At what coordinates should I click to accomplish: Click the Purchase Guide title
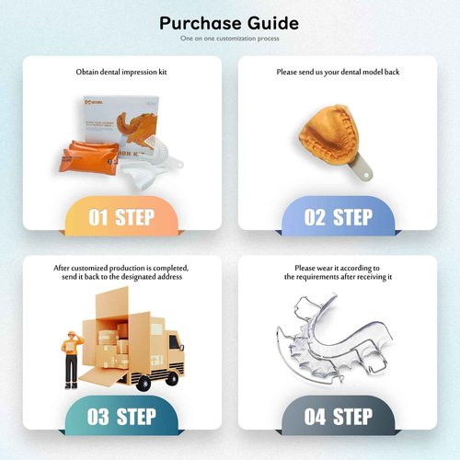click(x=228, y=22)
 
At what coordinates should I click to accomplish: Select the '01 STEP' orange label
click(x=121, y=217)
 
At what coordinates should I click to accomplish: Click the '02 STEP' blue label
click(x=338, y=217)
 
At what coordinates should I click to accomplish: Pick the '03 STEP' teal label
click(x=121, y=416)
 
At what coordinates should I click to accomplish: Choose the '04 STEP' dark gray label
click(x=338, y=416)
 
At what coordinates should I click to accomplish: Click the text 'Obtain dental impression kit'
click(x=121, y=71)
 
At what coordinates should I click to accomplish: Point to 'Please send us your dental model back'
click(x=338, y=71)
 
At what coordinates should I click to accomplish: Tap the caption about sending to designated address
click(x=121, y=271)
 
